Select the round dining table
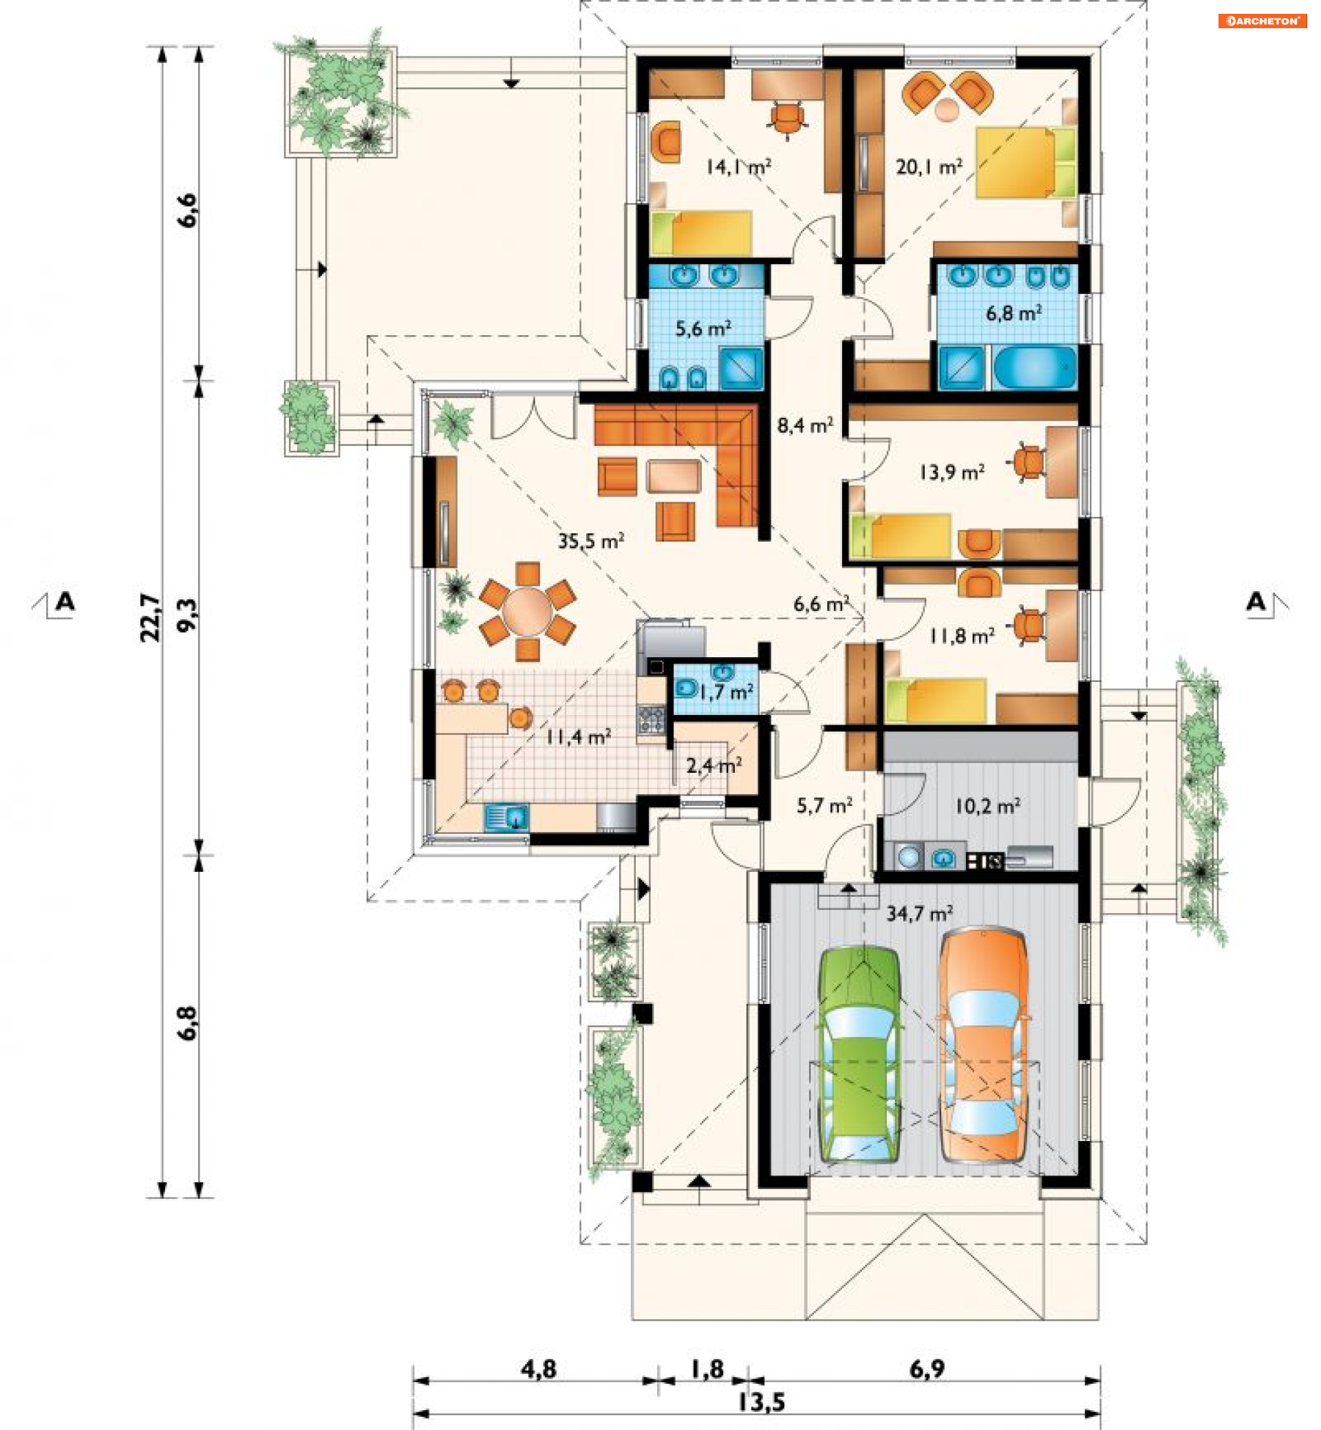click(528, 611)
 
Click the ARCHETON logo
click(1263, 21)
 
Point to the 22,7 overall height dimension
click(151, 617)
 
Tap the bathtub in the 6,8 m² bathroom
click(1035, 368)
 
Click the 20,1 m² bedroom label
click(929, 167)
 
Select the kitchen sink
click(507, 818)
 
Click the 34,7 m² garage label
click(919, 914)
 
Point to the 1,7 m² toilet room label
click(726, 692)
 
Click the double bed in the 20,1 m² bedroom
click(1026, 162)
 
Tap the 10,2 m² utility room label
click(988, 807)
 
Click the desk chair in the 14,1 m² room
click(787, 118)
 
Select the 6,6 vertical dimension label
click(187, 210)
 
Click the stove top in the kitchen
click(650, 718)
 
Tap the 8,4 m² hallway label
click(805, 426)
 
